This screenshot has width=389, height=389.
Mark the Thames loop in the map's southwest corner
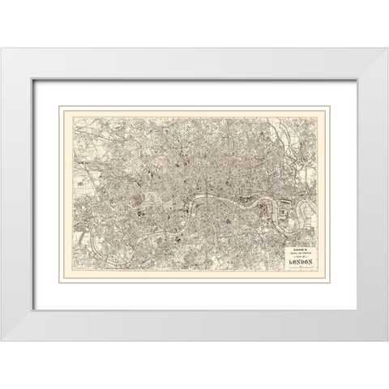click(x=92, y=243)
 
